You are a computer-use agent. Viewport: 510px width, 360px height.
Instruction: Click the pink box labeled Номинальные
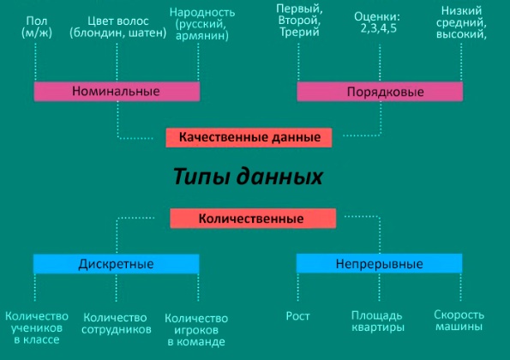pyautogui.click(x=117, y=92)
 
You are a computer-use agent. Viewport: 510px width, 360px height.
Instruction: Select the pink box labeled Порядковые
pyautogui.click(x=380, y=92)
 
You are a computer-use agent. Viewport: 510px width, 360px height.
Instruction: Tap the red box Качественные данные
pyautogui.click(x=249, y=137)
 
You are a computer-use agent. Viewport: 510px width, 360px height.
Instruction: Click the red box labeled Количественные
pyautogui.click(x=253, y=219)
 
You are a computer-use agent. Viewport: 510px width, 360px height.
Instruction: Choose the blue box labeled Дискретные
pyautogui.click(x=116, y=264)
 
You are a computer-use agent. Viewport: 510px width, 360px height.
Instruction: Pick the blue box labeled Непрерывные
pyautogui.click(x=379, y=263)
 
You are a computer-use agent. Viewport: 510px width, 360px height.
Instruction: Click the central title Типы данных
pyautogui.click(x=248, y=177)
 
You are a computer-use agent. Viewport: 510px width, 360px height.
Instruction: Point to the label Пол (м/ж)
pyautogui.click(x=37, y=27)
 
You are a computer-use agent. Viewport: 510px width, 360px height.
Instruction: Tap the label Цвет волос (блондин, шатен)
pyautogui.click(x=117, y=27)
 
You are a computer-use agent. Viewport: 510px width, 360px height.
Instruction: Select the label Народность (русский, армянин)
pyautogui.click(x=202, y=24)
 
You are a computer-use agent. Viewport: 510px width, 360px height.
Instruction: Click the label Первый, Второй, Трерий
pyautogui.click(x=299, y=21)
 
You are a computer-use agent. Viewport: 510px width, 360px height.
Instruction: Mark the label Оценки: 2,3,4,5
pyautogui.click(x=377, y=23)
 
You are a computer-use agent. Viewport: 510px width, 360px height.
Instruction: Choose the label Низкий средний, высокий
pyautogui.click(x=461, y=22)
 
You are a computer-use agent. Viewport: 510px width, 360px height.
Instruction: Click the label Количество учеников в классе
pyautogui.click(x=37, y=327)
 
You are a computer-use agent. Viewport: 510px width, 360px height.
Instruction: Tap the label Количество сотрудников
pyautogui.click(x=117, y=324)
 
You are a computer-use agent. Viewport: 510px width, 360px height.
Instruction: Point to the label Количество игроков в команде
pyautogui.click(x=196, y=330)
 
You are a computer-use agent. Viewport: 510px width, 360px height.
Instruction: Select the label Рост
pyautogui.click(x=297, y=316)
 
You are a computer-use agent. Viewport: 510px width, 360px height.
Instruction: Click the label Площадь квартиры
pyautogui.click(x=378, y=321)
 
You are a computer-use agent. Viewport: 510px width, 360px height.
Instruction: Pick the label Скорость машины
pyautogui.click(x=459, y=321)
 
